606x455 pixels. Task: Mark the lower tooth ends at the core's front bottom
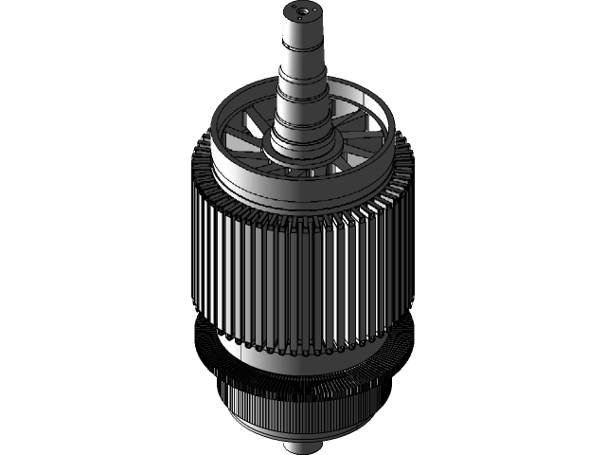point(303,351)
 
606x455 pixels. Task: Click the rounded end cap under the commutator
point(301,435)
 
